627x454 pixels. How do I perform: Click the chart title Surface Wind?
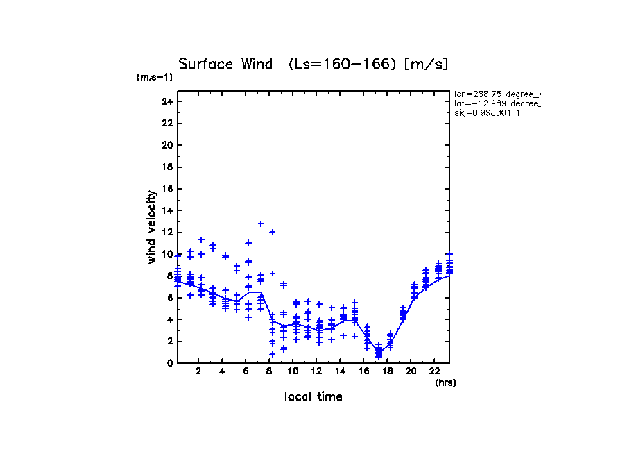227,64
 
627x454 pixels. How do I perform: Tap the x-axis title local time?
313,396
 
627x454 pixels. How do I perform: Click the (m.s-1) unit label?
154,78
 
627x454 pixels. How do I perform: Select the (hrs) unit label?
445,382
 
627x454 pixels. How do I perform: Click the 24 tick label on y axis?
166,101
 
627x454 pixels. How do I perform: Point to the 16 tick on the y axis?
166,189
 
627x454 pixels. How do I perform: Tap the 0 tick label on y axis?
169,362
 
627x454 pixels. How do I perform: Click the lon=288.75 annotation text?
497,94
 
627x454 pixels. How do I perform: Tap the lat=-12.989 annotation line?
497,103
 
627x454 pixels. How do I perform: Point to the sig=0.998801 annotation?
487,112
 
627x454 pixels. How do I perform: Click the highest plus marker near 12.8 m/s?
261,224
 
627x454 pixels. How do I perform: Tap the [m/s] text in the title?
427,64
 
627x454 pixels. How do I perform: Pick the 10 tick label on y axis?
166,254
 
